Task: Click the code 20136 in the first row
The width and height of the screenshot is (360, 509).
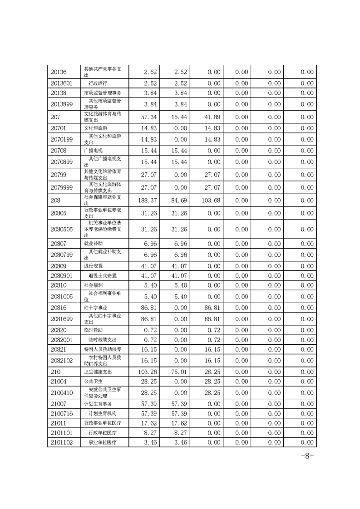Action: point(59,72)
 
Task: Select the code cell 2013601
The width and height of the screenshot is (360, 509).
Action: point(62,83)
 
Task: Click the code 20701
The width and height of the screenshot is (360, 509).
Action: point(59,128)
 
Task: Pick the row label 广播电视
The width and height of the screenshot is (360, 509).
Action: point(94,151)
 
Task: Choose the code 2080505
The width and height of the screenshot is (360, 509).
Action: point(62,230)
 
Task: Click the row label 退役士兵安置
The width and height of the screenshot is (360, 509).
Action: point(102,275)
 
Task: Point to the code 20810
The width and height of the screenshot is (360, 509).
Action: point(59,285)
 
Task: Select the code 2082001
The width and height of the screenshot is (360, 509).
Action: point(62,339)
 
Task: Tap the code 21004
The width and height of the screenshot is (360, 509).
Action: point(59,382)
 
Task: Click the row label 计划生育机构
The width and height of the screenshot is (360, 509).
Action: point(102,413)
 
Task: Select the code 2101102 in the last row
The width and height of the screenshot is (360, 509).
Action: point(62,442)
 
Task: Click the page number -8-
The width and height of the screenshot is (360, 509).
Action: point(307,456)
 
